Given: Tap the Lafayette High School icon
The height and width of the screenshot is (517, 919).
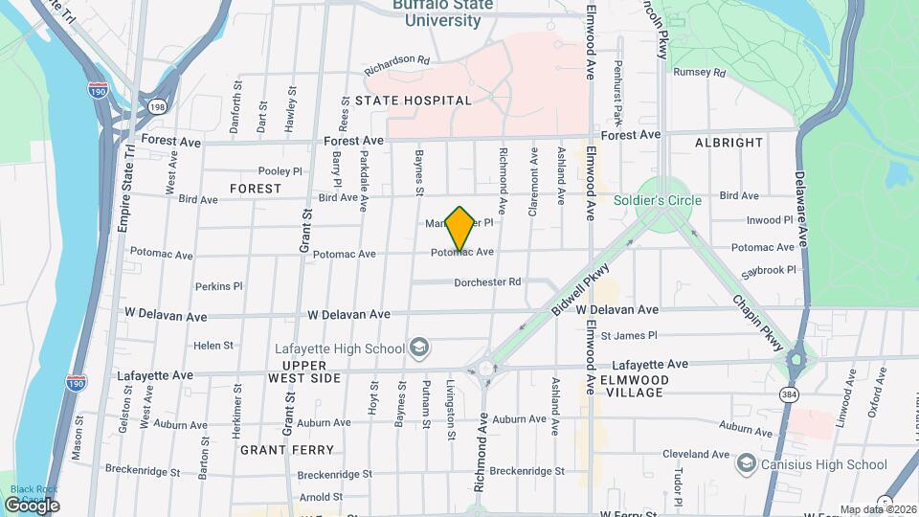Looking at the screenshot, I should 418,347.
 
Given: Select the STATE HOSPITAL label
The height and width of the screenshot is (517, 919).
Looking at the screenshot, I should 414,101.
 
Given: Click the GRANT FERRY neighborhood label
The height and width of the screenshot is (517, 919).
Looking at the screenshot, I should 287,450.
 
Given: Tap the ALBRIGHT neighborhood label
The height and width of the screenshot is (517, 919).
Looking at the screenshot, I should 729,143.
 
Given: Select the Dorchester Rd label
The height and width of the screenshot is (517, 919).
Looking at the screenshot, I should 487,282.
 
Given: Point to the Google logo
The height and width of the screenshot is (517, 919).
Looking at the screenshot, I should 32,505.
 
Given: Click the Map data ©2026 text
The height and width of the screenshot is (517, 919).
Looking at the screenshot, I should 878,509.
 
